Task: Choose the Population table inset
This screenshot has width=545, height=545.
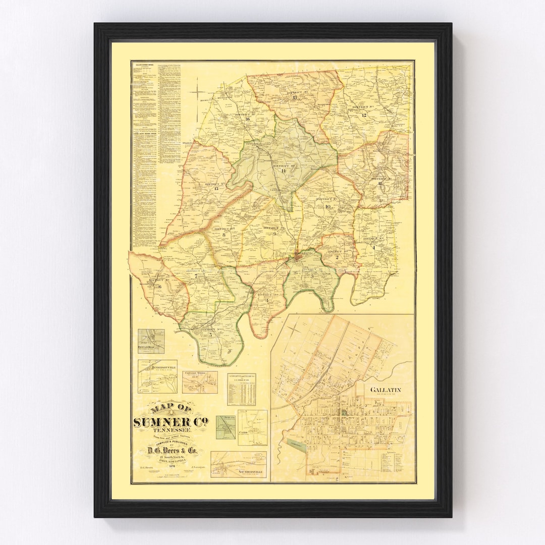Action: click(x=241, y=389)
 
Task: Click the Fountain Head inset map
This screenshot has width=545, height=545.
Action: click(x=151, y=341)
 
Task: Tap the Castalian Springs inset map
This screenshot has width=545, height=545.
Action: click(x=200, y=382)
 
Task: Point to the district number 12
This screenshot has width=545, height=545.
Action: click(x=363, y=115)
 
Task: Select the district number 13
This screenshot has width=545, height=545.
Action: click(x=295, y=97)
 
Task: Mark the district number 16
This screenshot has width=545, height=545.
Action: click(x=248, y=119)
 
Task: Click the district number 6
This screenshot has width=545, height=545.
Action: click(x=160, y=287)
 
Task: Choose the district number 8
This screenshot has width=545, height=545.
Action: click(x=223, y=234)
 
